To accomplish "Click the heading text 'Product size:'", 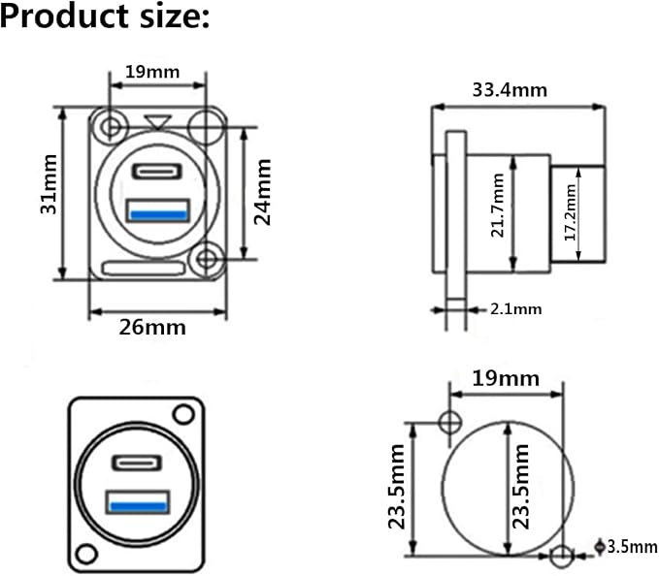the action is [x=105, y=17].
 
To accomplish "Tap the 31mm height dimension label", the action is [x=49, y=184].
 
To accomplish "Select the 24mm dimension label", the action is [x=263, y=192].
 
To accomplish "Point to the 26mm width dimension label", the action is [x=152, y=328].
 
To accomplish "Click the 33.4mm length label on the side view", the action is [x=510, y=90].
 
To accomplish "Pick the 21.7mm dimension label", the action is [x=498, y=206].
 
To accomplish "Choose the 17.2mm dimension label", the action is [x=570, y=212].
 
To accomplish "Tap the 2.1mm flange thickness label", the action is [x=515, y=309].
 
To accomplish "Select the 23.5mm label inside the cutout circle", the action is [x=520, y=486].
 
